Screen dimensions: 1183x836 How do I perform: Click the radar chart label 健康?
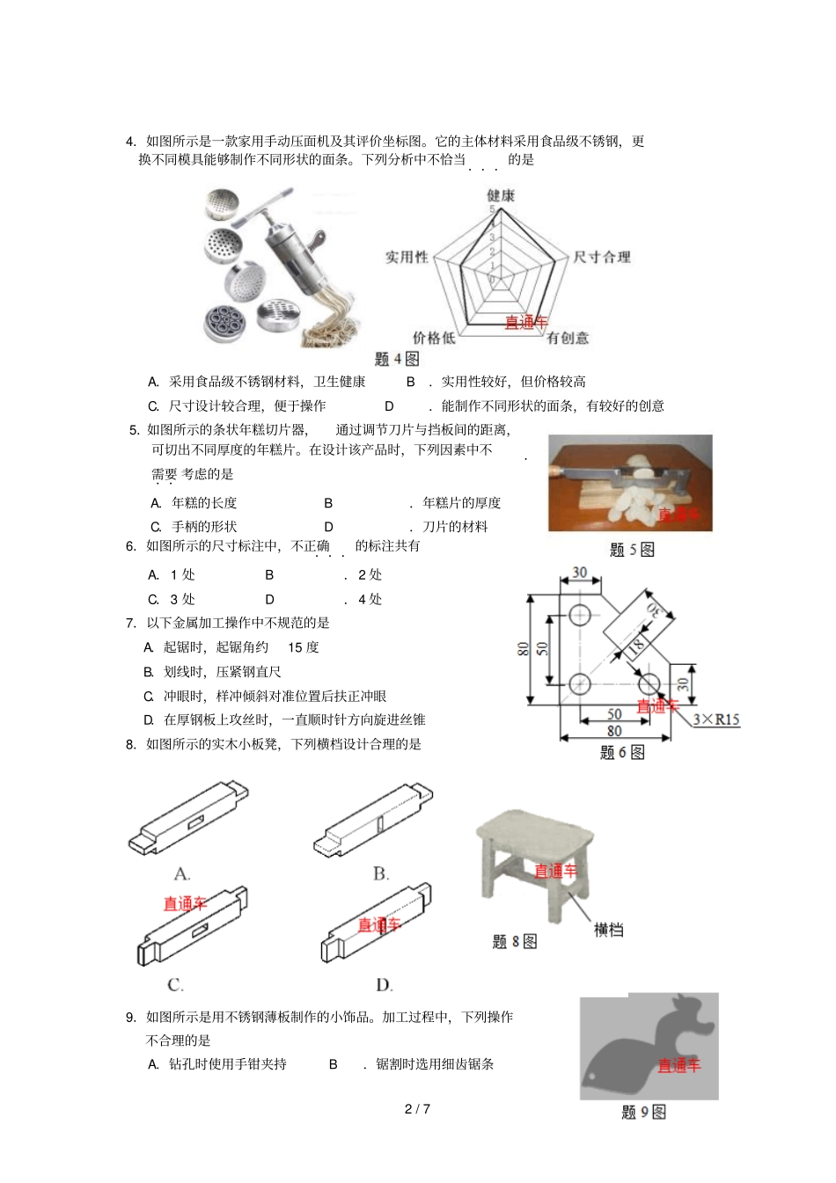coord(501,195)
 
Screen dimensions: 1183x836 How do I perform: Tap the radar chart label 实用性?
coord(407,257)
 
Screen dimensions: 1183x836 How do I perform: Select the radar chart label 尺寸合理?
coord(602,257)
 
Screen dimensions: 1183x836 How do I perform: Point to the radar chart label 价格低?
coord(434,338)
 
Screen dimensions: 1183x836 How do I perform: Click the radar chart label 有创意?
coord(568,338)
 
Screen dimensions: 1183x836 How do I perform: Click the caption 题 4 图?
coord(397,359)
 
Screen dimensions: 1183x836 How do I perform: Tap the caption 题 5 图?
coord(632,550)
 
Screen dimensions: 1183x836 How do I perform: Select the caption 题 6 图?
coord(622,752)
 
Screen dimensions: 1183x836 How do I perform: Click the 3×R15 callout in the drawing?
coord(715,719)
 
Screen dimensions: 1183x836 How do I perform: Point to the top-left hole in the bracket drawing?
coord(580,615)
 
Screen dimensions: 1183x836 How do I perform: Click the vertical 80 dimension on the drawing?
coord(524,649)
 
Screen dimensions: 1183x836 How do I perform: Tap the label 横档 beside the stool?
coord(608,930)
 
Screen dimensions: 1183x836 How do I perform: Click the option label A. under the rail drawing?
coord(182,873)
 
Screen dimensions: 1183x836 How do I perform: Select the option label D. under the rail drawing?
coord(385,985)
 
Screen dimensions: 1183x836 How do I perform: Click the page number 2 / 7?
coord(417,1108)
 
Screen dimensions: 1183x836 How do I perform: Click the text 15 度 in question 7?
coord(303,647)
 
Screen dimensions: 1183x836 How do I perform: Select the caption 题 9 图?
coord(643,1112)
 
